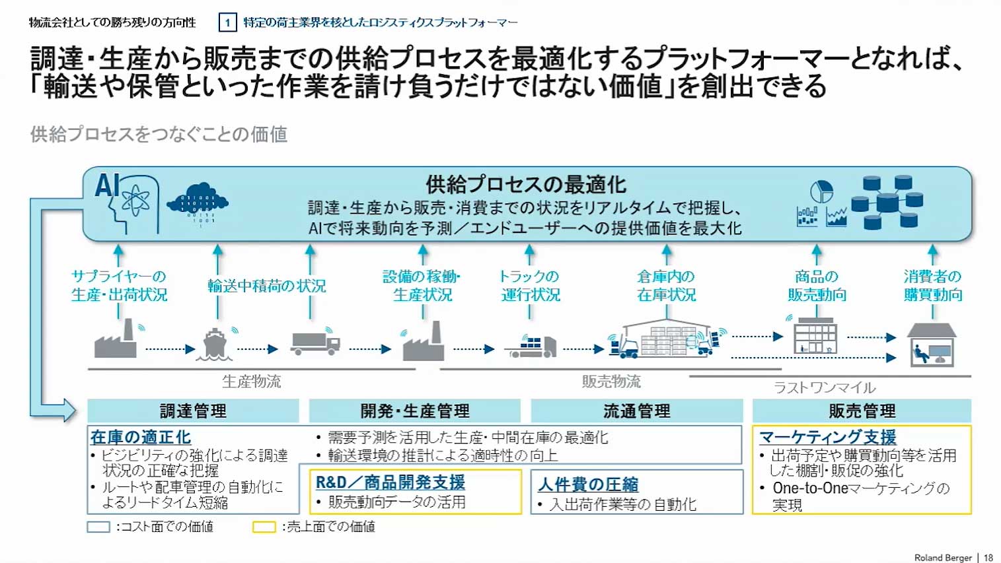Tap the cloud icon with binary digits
pyautogui.click(x=198, y=201)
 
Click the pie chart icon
pyautogui.click(x=821, y=191)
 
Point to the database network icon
pyautogui.click(x=887, y=202)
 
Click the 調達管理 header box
pyautogui.click(x=193, y=411)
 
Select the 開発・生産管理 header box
pyautogui.click(x=415, y=411)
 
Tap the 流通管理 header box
pyautogui.click(x=637, y=411)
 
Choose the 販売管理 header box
pyautogui.click(x=862, y=411)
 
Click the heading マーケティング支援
pyautogui.click(x=827, y=437)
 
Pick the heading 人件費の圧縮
pyautogui.click(x=588, y=484)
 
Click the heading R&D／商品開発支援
pyautogui.click(x=390, y=482)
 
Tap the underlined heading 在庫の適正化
pyautogui.click(x=141, y=437)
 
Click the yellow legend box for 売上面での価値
pyautogui.click(x=264, y=527)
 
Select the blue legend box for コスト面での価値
pyautogui.click(x=98, y=527)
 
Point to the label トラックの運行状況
pyautogui.click(x=530, y=285)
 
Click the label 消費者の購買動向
pyautogui.click(x=932, y=285)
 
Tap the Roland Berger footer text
pyautogui.click(x=942, y=558)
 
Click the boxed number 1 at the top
pyautogui.click(x=227, y=22)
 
